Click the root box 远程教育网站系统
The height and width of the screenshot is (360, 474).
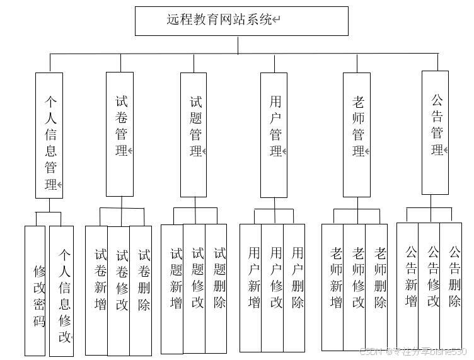[x=241, y=21]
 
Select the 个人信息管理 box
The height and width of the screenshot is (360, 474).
[x=49, y=135]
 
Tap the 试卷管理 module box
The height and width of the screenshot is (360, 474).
[x=120, y=134]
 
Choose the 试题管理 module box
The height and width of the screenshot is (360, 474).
[x=194, y=134]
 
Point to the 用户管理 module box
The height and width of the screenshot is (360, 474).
[x=274, y=134]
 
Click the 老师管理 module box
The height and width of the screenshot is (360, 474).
[x=357, y=134]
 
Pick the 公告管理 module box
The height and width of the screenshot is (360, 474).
[x=435, y=124]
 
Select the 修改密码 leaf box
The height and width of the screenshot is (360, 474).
[x=36, y=290]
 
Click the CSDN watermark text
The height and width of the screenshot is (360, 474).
[x=413, y=352]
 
